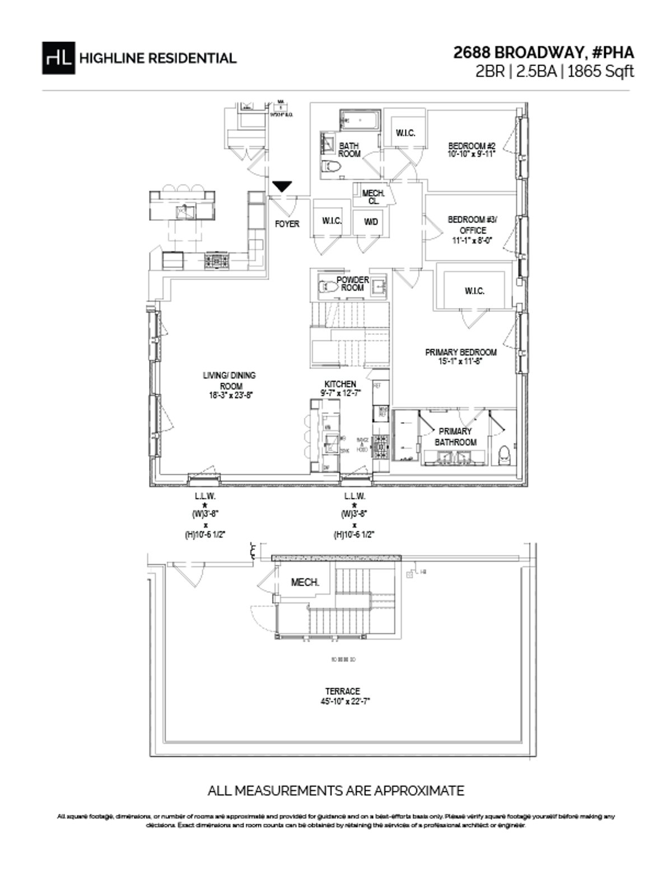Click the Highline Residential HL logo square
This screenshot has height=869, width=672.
58,58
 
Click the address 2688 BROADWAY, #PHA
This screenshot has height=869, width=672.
543,53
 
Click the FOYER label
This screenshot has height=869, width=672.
287,224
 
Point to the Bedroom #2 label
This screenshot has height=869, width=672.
472,146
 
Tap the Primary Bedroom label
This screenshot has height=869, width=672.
460,352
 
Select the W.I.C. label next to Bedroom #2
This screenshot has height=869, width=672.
405,133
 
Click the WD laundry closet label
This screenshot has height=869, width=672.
371,222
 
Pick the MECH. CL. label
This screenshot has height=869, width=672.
373,197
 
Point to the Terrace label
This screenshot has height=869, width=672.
342,691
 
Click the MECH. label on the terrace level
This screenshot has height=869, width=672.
305,582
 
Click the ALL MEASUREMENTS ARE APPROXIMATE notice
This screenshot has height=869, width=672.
335,791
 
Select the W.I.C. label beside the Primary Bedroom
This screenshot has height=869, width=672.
474,291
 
